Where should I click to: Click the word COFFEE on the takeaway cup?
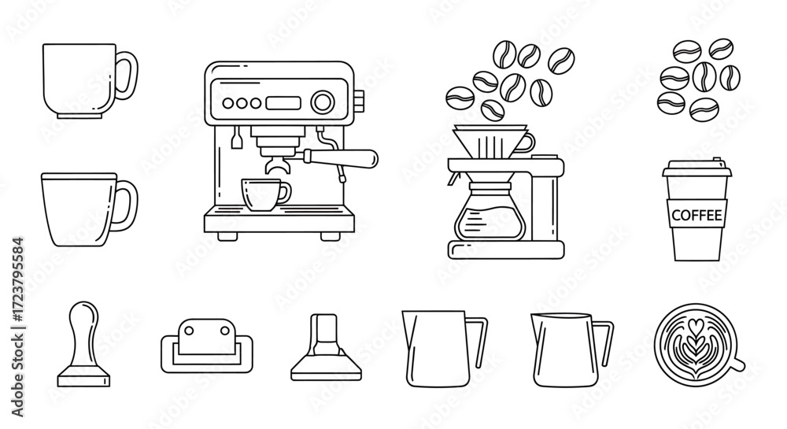[696, 216]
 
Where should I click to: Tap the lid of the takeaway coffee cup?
[696, 168]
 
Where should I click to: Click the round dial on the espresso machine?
[322, 102]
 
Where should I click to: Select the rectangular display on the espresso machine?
[283, 103]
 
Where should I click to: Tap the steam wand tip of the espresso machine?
[342, 177]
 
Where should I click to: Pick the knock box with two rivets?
[207, 346]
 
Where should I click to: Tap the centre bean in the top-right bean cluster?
[704, 77]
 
